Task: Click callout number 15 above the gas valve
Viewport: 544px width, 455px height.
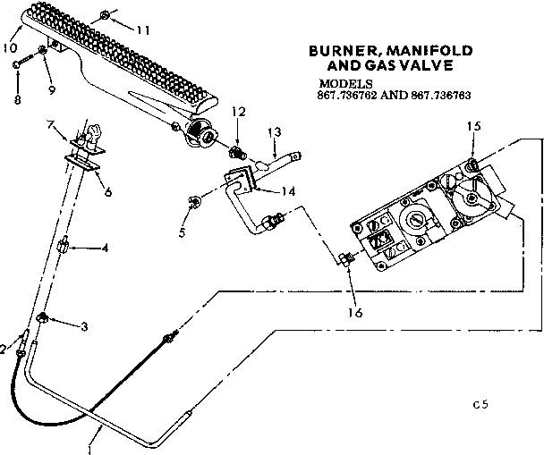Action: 473,126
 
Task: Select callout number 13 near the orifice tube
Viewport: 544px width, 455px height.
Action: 275,131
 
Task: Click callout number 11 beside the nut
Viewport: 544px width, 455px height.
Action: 143,29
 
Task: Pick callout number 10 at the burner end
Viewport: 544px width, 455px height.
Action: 11,46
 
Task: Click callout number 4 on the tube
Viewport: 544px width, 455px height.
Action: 105,248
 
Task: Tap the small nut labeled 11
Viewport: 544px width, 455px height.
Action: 106,15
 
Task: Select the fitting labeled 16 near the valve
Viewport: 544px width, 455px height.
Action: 345,260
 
